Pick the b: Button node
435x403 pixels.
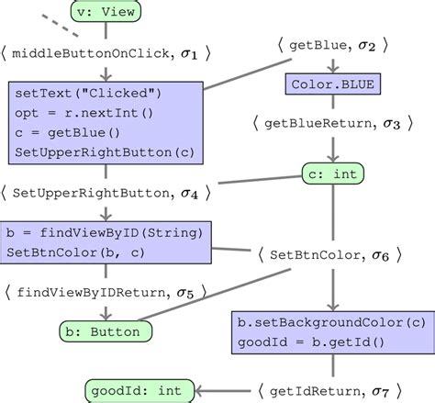click(105, 330)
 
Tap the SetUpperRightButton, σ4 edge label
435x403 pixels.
click(107, 193)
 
